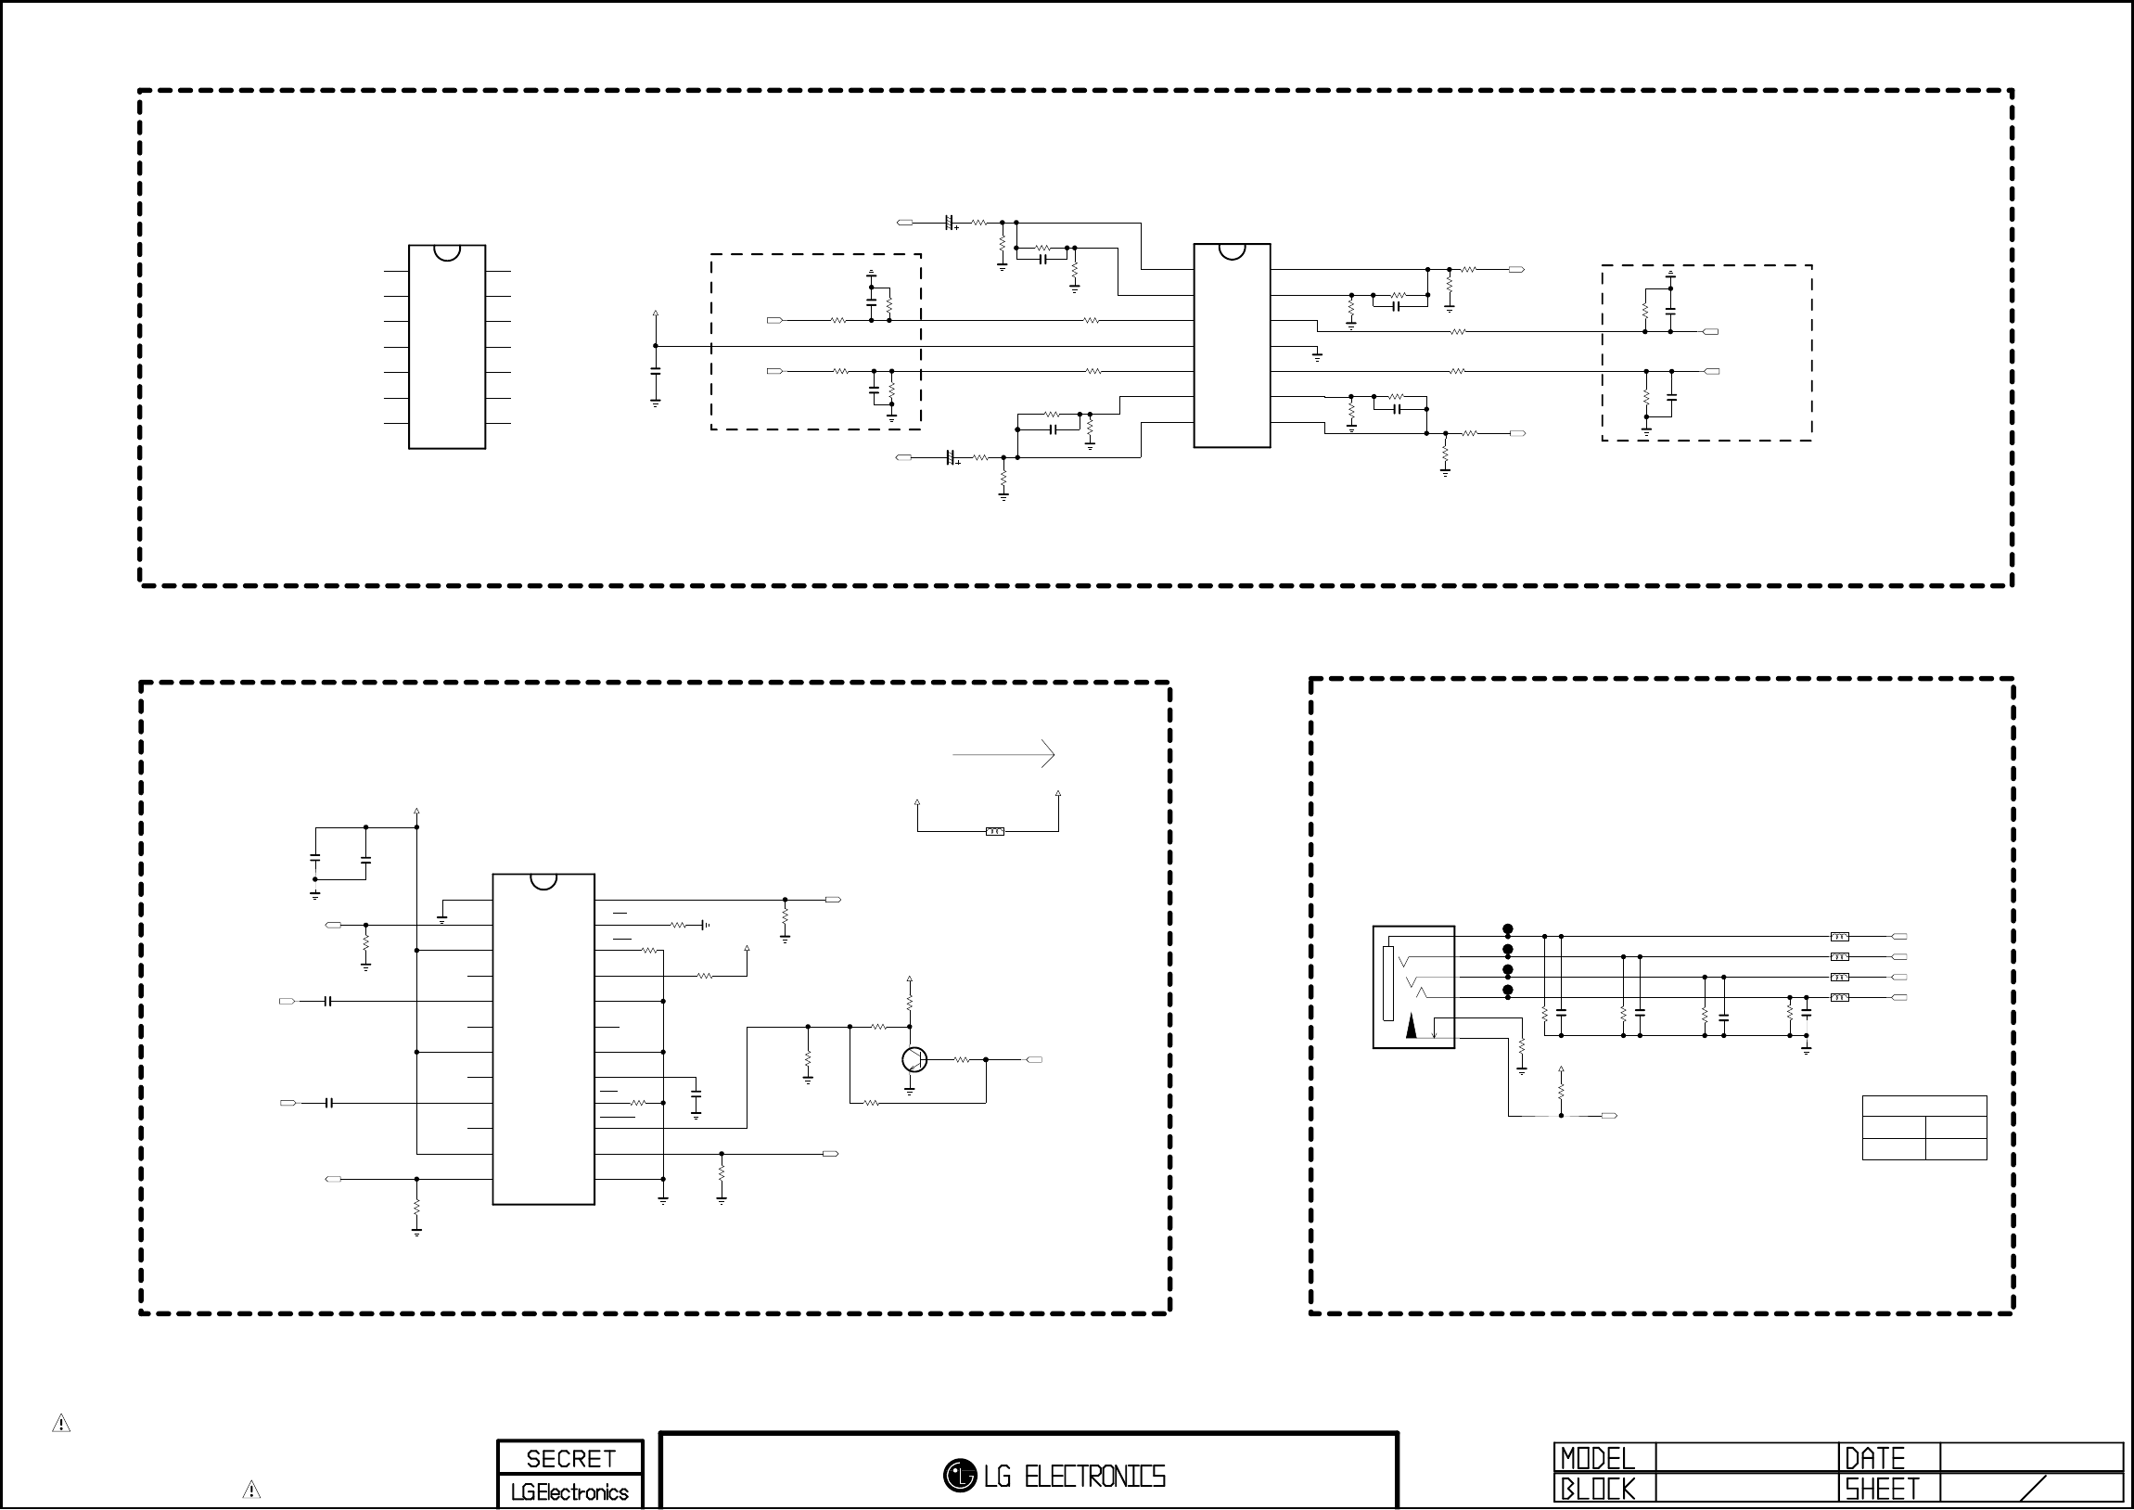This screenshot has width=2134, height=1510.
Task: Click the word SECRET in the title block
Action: (x=570, y=1458)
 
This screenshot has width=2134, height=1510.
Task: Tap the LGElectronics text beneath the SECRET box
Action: (x=569, y=1492)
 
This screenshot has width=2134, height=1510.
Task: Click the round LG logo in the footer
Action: (x=959, y=1475)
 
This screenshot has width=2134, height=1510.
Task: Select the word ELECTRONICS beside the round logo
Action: (x=1094, y=1477)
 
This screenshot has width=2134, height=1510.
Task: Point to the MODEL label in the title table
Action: (x=1597, y=1458)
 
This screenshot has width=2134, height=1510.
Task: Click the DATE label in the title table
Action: (x=1874, y=1458)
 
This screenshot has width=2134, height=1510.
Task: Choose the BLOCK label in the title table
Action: (x=1597, y=1490)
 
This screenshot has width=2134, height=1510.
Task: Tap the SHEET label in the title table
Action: (x=1882, y=1490)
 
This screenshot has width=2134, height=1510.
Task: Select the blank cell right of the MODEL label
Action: (x=1746, y=1458)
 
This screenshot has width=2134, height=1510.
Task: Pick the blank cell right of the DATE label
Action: (x=2030, y=1458)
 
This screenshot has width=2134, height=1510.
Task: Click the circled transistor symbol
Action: (x=914, y=1059)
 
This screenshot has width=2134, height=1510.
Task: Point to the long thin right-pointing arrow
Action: (x=1003, y=754)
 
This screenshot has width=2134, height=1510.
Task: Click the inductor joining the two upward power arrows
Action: (x=994, y=831)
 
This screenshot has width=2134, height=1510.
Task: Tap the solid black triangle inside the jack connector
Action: (x=1412, y=1027)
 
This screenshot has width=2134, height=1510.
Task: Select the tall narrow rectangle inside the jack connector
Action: (x=1388, y=984)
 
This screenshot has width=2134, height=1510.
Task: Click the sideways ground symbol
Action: (x=706, y=925)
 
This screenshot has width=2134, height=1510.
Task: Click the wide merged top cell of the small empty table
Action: (x=1924, y=1107)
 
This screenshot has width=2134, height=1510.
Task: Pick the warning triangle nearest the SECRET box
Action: (x=251, y=1490)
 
